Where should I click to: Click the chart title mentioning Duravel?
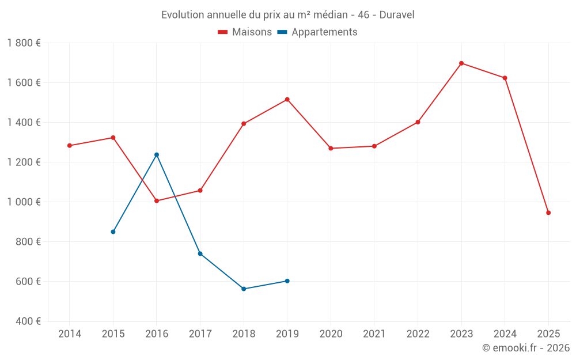pyautogui.click(x=287, y=15)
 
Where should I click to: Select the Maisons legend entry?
pyautogui.click(x=245, y=32)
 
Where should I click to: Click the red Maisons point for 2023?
pyautogui.click(x=461, y=63)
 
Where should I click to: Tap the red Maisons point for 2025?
pyautogui.click(x=548, y=213)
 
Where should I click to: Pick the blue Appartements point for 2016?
pyautogui.click(x=157, y=154)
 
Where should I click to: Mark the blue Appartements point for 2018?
pyautogui.click(x=244, y=289)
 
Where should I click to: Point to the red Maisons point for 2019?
pyautogui.click(x=287, y=100)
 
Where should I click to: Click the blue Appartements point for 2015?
pyautogui.click(x=113, y=232)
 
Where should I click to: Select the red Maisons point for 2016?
pyautogui.click(x=157, y=201)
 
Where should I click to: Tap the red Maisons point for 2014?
pyautogui.click(x=70, y=146)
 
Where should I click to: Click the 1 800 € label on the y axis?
pyautogui.click(x=24, y=43)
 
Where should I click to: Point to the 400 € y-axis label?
pyautogui.click(x=27, y=321)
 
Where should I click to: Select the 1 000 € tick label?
pyautogui.click(x=24, y=202)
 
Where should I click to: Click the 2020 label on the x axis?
pyautogui.click(x=331, y=334)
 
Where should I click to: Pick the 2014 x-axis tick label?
pyautogui.click(x=70, y=334)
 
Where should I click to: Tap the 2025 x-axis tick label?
pyautogui.click(x=548, y=334)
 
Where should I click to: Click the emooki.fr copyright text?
pyautogui.click(x=525, y=348)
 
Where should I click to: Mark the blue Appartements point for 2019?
pyautogui.click(x=287, y=281)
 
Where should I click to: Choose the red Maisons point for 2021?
pyautogui.click(x=374, y=146)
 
